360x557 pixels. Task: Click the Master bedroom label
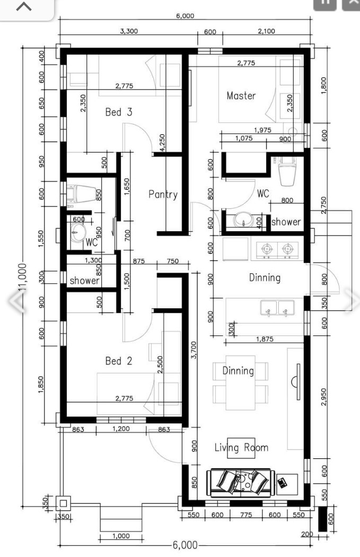(241, 96)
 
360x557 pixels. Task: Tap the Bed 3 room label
(118, 112)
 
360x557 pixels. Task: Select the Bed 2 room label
(118, 361)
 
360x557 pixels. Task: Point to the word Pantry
(163, 195)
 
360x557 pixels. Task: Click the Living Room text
(241, 448)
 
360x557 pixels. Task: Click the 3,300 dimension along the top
(129, 31)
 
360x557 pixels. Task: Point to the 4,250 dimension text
(162, 142)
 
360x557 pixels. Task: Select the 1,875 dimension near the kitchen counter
(264, 339)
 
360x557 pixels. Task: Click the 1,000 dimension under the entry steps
(121, 536)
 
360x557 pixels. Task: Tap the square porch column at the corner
(63, 503)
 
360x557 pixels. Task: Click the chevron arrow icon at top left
(24, 7)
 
